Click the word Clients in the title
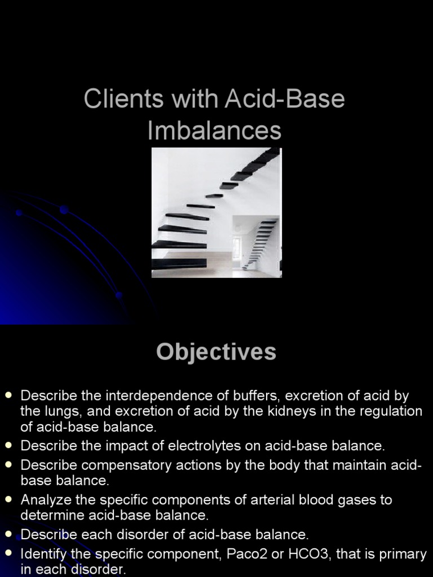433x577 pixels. point(117,99)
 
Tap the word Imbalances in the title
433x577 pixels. point(214,130)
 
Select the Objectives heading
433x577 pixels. point(216,352)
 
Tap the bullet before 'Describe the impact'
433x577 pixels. point(8,446)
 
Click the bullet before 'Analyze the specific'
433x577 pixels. point(8,499)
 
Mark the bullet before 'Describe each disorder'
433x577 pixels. point(8,534)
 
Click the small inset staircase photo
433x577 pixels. point(256,245)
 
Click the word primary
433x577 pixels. point(403,554)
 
